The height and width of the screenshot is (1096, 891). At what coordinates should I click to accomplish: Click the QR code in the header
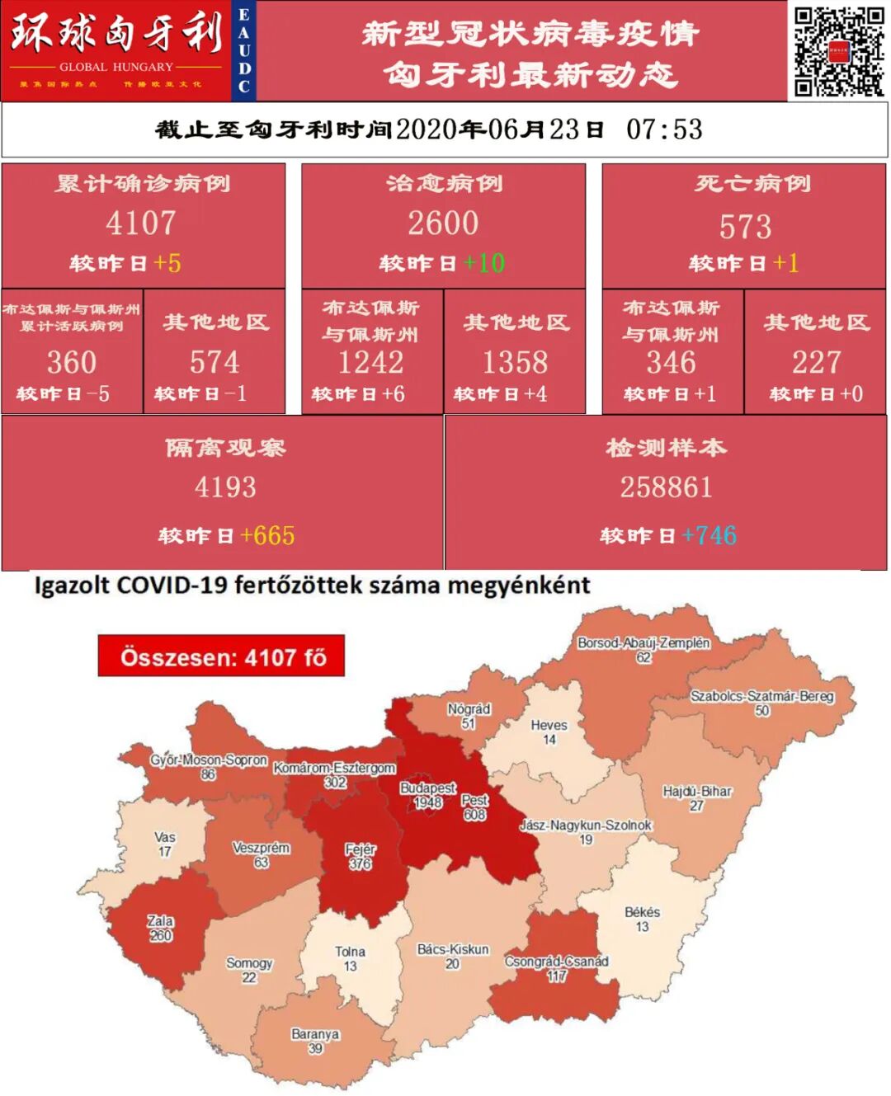(x=838, y=51)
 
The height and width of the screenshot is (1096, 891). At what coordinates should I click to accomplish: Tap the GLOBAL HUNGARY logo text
(x=116, y=67)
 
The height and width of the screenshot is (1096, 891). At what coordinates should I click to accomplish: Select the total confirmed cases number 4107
(x=141, y=223)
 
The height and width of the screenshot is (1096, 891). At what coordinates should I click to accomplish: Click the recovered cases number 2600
(x=443, y=223)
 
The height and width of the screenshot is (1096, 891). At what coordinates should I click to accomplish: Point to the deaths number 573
(x=745, y=227)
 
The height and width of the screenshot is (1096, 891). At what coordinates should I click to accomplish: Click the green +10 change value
(x=484, y=263)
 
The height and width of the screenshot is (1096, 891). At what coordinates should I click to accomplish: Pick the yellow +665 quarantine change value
(x=267, y=535)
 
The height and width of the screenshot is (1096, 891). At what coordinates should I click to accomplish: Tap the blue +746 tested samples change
(x=709, y=535)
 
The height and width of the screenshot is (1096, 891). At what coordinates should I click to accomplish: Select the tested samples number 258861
(x=666, y=487)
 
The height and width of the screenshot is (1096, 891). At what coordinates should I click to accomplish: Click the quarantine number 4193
(x=225, y=487)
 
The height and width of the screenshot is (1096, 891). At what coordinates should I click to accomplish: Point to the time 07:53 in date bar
(x=664, y=129)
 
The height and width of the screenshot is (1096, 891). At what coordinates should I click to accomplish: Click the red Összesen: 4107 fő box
(x=221, y=656)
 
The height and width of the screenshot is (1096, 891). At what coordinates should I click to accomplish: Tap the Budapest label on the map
(x=427, y=788)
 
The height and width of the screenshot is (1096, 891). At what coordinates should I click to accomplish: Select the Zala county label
(x=160, y=921)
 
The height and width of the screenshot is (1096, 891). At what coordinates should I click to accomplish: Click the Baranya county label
(x=315, y=1034)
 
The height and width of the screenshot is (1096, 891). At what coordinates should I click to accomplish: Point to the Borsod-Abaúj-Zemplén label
(x=643, y=643)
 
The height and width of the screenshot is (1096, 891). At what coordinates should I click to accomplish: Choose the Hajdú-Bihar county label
(x=697, y=792)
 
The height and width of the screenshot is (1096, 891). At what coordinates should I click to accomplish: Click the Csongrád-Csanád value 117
(x=557, y=976)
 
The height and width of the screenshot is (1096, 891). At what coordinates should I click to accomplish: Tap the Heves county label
(x=549, y=726)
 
